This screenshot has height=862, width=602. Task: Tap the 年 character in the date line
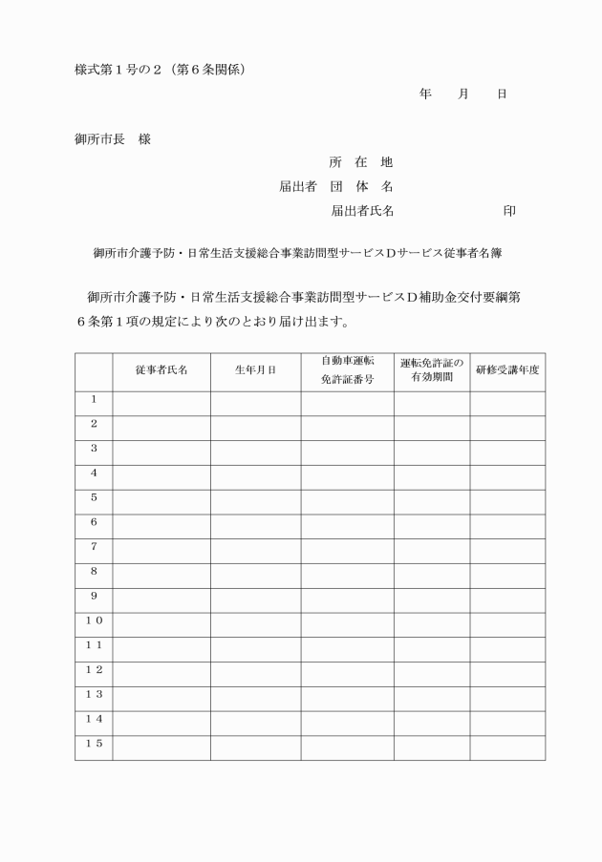pyautogui.click(x=426, y=94)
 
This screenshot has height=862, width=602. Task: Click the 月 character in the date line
pyautogui.click(x=464, y=94)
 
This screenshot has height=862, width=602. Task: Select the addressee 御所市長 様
pyautogui.click(x=113, y=139)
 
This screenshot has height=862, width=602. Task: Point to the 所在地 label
pyautogui.click(x=361, y=162)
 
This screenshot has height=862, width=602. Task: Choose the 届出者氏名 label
pyautogui.click(x=362, y=210)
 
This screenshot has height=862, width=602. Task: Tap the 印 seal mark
pyautogui.click(x=509, y=210)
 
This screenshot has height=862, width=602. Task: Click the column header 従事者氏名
pyautogui.click(x=161, y=370)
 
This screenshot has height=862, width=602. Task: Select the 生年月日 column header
pyautogui.click(x=255, y=370)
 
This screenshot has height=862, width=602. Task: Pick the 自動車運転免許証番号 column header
pyautogui.click(x=347, y=370)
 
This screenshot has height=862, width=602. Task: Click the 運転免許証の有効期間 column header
pyautogui.click(x=431, y=370)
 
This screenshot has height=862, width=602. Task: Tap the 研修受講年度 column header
pyautogui.click(x=507, y=370)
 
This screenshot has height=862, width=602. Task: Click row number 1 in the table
pyautogui.click(x=94, y=399)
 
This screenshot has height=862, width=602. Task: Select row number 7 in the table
pyautogui.click(x=94, y=547)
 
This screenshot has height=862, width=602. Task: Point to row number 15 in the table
pyautogui.click(x=94, y=744)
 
